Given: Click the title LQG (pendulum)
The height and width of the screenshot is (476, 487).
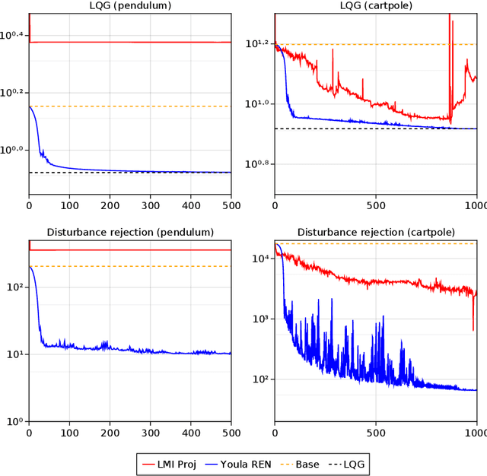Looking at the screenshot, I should tap(130, 6).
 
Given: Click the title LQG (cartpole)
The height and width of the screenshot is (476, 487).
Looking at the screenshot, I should tap(376, 6).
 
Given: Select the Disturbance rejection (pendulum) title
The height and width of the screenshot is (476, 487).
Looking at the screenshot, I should tap(130, 232).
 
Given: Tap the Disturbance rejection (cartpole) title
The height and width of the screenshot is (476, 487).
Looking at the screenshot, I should tap(376, 232).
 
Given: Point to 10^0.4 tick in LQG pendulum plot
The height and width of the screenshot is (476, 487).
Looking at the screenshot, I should tap(14, 35).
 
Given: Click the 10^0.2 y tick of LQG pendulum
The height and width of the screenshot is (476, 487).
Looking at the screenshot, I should tap(14, 93).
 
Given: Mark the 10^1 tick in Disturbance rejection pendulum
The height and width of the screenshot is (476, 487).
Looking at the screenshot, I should tap(16, 354).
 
